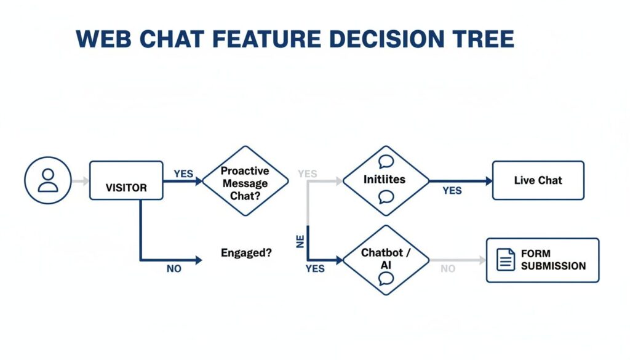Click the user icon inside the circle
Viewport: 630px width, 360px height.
tap(48, 180)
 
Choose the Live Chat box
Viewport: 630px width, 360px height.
tap(538, 180)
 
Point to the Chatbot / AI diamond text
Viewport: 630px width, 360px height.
tap(386, 259)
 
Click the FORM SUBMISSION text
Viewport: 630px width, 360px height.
tap(552, 260)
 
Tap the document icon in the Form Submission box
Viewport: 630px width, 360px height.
tap(506, 260)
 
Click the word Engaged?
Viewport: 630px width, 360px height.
tap(246, 252)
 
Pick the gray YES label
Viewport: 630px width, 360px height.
tap(307, 174)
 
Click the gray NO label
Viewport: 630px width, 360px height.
tap(447, 269)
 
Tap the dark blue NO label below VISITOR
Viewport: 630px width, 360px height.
tap(174, 269)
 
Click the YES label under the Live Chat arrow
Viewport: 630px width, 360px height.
tap(452, 191)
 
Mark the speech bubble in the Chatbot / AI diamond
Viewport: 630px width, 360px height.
tap(386, 278)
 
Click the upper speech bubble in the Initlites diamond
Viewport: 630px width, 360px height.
tap(386, 162)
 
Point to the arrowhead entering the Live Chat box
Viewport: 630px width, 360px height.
tap(488, 181)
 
